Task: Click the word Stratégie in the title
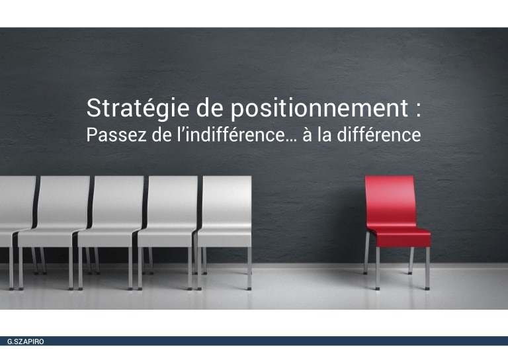138,109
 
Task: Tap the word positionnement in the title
319,109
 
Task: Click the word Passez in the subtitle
116,136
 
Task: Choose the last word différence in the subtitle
379,135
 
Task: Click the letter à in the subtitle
307,135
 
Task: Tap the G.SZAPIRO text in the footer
26,341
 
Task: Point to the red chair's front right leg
428,268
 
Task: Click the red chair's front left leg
378,268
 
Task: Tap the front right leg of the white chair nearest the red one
249,268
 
